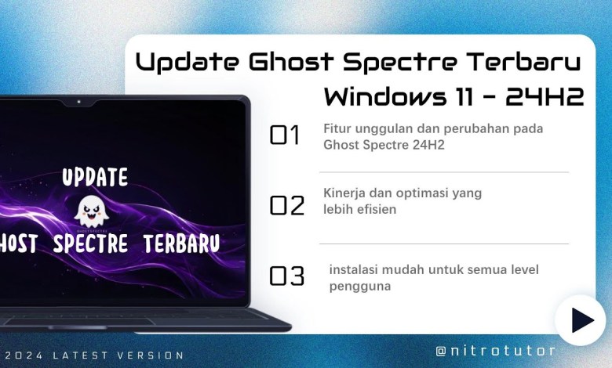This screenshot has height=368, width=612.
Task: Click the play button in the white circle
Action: [x=581, y=320]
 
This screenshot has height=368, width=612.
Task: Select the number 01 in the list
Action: [x=285, y=136]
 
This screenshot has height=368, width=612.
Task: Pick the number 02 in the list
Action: [x=286, y=205]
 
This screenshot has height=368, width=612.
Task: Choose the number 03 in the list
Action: [x=286, y=276]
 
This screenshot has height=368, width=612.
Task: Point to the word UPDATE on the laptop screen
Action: [x=95, y=177]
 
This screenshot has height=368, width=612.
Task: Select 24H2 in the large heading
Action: [x=545, y=97]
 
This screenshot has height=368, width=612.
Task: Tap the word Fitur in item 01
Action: [x=335, y=128]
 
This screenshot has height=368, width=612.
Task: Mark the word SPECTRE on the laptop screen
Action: [x=90, y=243]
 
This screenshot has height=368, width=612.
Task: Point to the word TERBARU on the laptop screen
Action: [x=181, y=243]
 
